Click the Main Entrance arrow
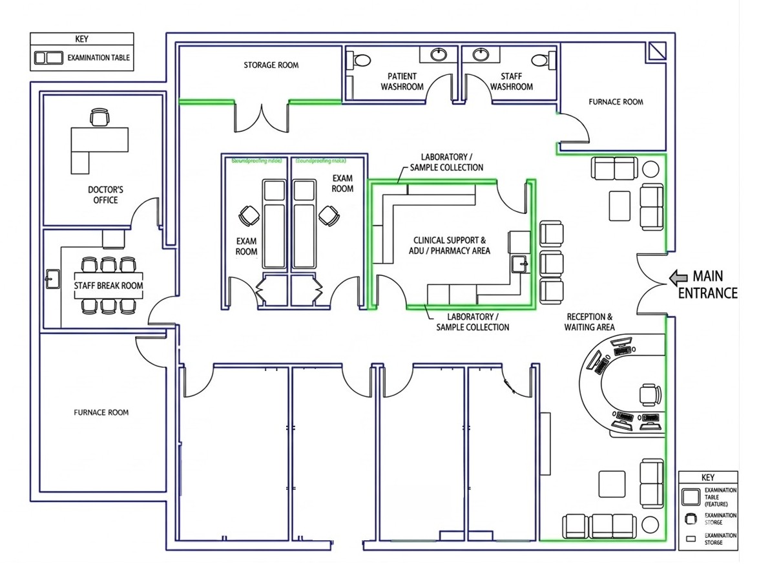pyautogui.click(x=678, y=278)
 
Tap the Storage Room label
pyautogui.click(x=271, y=65)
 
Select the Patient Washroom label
pyautogui.click(x=402, y=81)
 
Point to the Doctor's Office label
pyautogui.click(x=105, y=195)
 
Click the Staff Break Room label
pyautogui.click(x=109, y=285)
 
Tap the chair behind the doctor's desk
pyautogui.click(x=99, y=118)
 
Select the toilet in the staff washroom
pyautogui.click(x=541, y=60)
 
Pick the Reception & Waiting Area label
pyautogui.click(x=590, y=322)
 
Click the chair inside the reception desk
pyautogui.click(x=649, y=394)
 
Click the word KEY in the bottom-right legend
pyautogui.click(x=708, y=478)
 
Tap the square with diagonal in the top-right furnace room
pyautogui.click(x=657, y=50)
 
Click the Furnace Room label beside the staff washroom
pyautogui.click(x=616, y=102)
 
